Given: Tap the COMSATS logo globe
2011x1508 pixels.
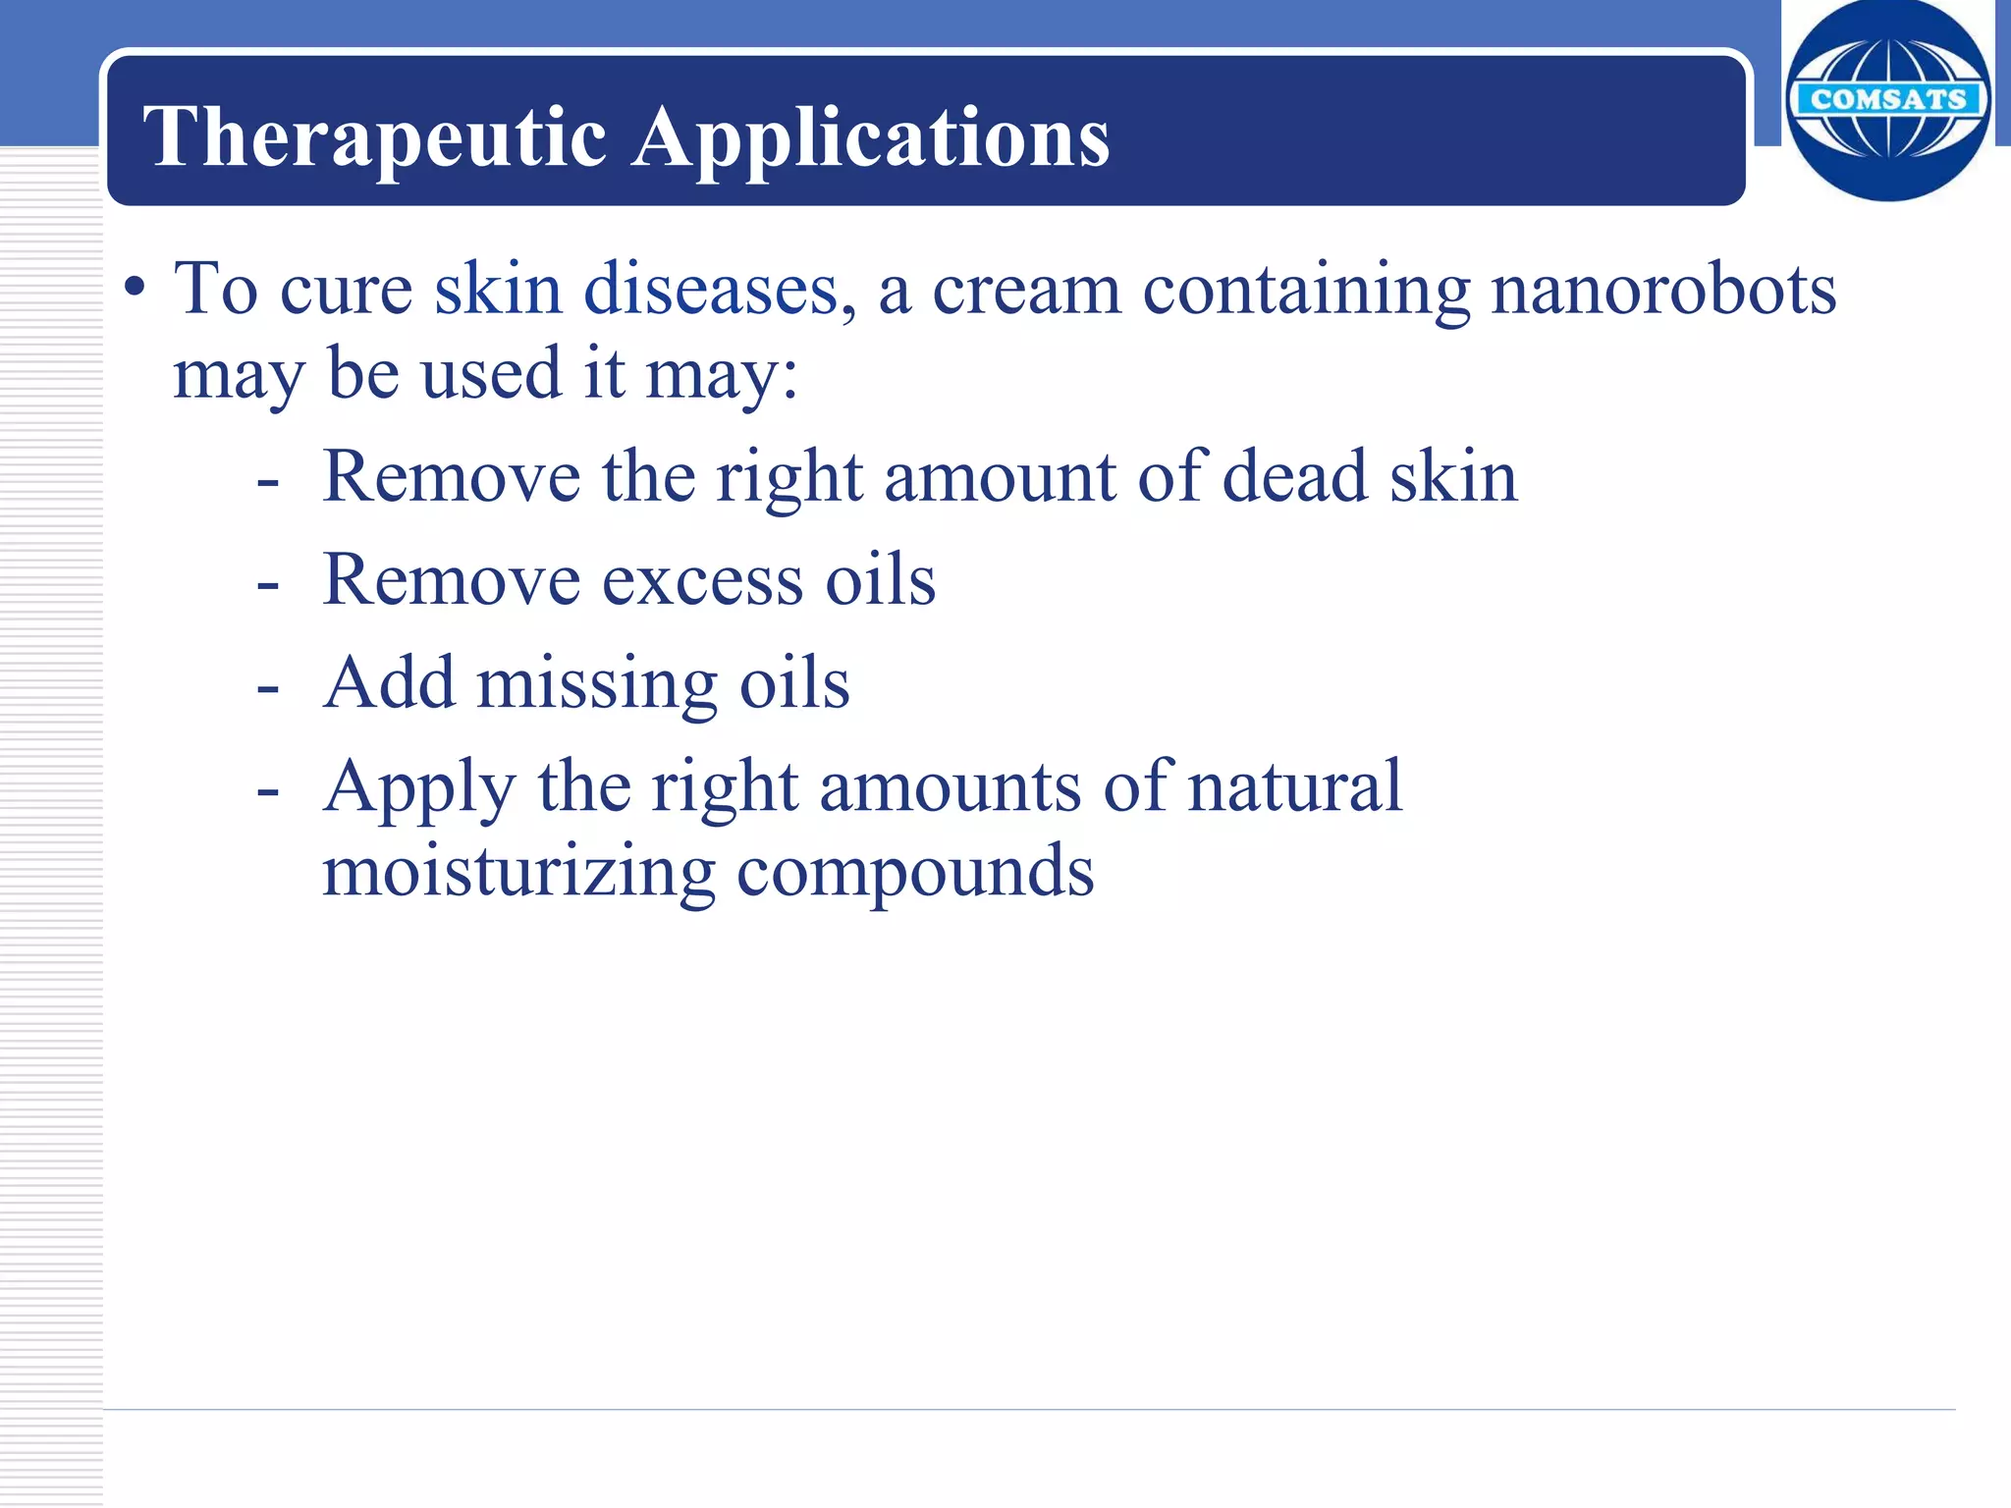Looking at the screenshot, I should tap(1887, 100).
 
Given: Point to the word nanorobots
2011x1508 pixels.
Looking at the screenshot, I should tap(1663, 290).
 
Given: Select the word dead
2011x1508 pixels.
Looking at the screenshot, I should tap(1295, 477).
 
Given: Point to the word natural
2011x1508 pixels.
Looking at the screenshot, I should tap(1295, 786).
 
